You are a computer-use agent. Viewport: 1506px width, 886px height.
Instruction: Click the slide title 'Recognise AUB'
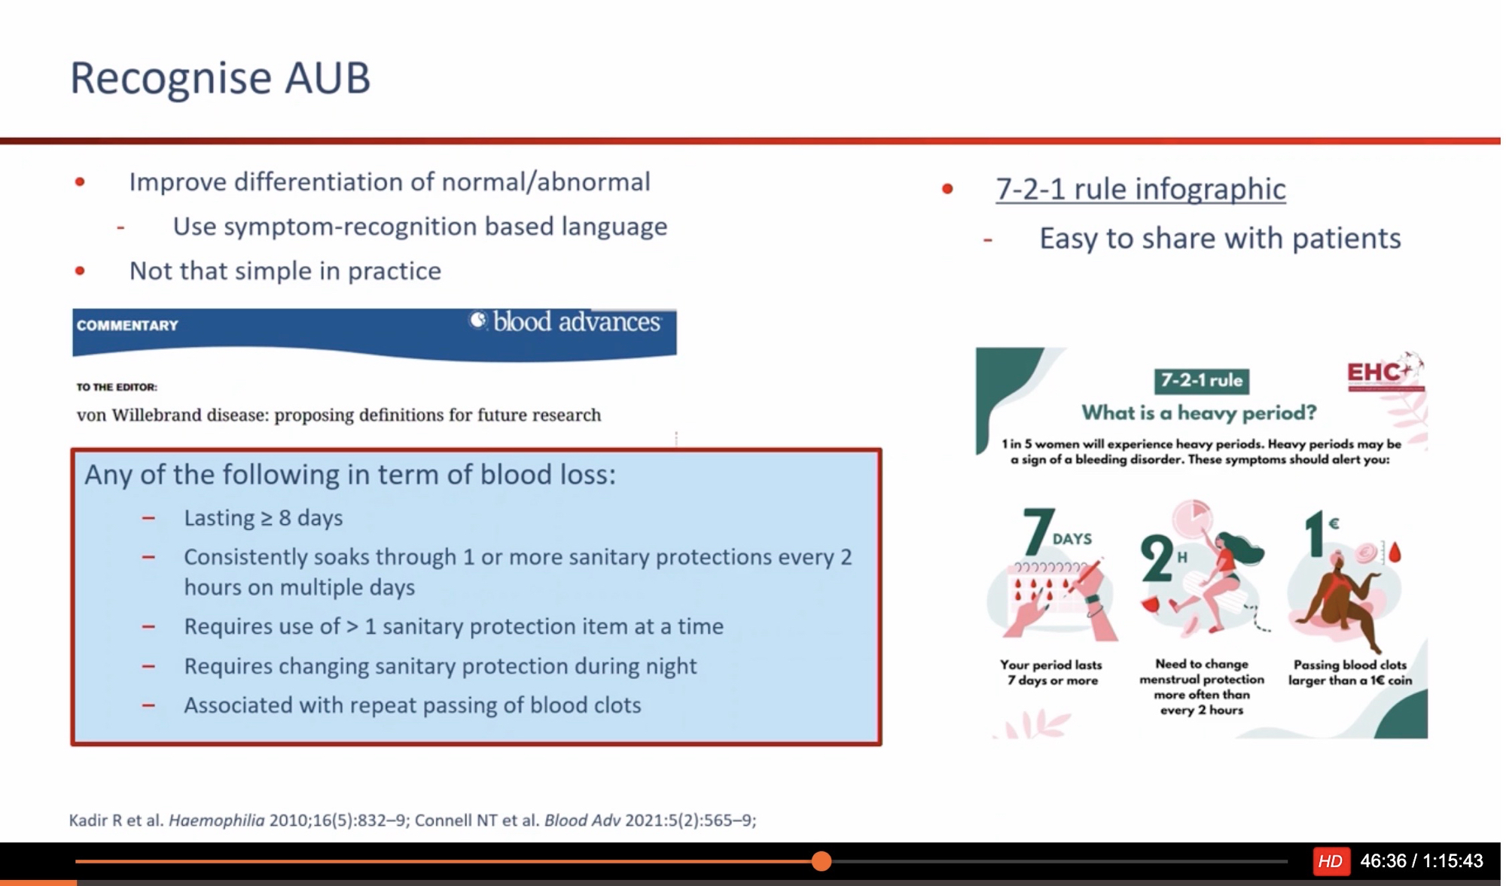[x=220, y=78]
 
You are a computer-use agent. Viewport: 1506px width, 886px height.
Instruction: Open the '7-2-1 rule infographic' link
[x=1140, y=189]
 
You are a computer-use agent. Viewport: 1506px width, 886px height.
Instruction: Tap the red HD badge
[x=1330, y=861]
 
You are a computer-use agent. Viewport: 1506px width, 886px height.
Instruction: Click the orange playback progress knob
[x=822, y=860]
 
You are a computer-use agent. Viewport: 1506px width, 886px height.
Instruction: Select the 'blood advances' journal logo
[x=566, y=322]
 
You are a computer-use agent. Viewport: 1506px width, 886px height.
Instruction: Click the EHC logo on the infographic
[x=1384, y=372]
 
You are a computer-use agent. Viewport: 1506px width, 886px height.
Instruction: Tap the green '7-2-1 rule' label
[x=1202, y=381]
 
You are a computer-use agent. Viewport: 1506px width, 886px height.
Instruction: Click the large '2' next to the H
[x=1156, y=559]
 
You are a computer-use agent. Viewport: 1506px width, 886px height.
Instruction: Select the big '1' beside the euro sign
[x=1314, y=534]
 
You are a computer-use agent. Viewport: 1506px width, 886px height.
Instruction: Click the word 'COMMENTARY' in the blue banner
[x=127, y=326]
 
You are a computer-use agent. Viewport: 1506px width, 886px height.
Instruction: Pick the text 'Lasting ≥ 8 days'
[x=264, y=518]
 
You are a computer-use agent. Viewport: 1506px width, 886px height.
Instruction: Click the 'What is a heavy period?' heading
[x=1199, y=413]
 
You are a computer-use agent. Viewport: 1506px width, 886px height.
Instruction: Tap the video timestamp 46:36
[x=1383, y=861]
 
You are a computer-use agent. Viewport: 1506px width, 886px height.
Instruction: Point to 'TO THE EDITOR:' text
[x=117, y=387]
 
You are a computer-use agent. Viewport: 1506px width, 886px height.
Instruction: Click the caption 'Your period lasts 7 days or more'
[x=1051, y=672]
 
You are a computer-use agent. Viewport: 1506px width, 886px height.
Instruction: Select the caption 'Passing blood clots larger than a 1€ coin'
[x=1350, y=672]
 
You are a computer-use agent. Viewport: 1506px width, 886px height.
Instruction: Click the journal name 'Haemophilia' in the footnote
[x=216, y=821]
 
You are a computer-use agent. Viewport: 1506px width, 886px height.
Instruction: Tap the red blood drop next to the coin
[x=1395, y=553]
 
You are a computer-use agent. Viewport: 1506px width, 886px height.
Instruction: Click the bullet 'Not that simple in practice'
[x=285, y=271]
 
